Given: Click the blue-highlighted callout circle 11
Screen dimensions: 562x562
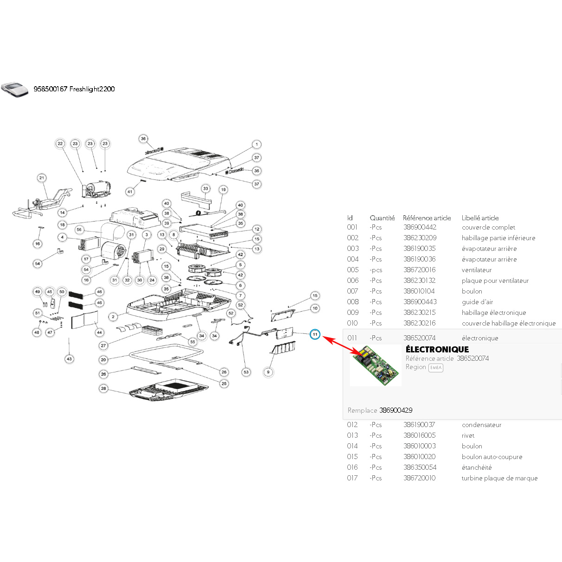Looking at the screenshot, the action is (x=315, y=334).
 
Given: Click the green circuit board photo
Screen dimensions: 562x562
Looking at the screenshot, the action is (x=375, y=365).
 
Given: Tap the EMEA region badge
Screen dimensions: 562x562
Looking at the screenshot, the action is (x=436, y=367).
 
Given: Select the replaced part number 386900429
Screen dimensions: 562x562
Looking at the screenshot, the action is (x=396, y=410).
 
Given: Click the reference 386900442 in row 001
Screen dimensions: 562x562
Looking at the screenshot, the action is (x=420, y=227).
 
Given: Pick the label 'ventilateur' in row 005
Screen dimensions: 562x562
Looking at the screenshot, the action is (x=477, y=270).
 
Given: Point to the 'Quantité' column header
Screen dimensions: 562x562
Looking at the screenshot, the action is (x=382, y=218).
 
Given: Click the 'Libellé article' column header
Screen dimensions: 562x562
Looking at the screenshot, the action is (x=480, y=218).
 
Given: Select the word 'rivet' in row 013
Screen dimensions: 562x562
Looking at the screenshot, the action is (x=468, y=435).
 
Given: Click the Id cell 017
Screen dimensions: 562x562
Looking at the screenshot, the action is (x=352, y=478).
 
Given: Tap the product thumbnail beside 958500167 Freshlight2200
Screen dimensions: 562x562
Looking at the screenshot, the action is (x=15, y=89).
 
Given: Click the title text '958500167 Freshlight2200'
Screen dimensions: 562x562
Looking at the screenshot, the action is (x=74, y=89).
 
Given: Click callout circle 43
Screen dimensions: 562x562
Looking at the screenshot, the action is (x=69, y=359).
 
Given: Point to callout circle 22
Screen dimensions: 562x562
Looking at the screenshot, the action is (x=60, y=143).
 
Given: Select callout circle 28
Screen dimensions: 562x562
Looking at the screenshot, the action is (x=103, y=388).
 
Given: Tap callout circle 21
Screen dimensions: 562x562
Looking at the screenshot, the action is (x=42, y=178).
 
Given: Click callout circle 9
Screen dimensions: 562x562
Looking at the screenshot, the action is (x=268, y=372).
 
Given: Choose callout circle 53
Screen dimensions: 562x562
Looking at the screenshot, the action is (x=246, y=372).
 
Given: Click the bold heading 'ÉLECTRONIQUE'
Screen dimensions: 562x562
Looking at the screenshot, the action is (x=437, y=349).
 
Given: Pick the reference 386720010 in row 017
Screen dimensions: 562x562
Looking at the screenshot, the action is (x=419, y=478).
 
